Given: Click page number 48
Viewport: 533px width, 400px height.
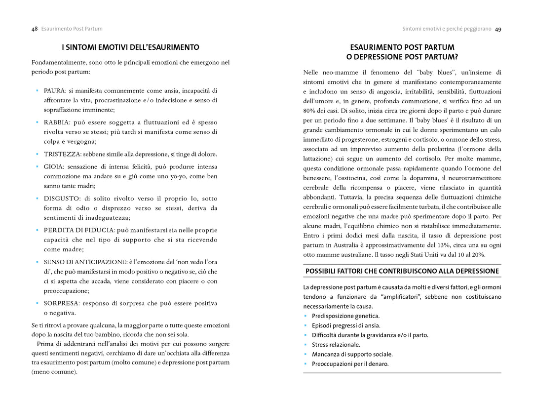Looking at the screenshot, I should (35, 29).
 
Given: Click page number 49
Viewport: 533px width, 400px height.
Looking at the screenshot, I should (498, 29).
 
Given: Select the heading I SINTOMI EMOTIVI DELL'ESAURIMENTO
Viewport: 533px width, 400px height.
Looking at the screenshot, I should (130, 47).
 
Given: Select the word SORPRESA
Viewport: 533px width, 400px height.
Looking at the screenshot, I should (61, 303).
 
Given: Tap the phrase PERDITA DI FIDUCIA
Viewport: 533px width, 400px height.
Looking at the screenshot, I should (79, 230).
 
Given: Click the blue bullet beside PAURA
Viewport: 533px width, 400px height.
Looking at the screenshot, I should (37, 90).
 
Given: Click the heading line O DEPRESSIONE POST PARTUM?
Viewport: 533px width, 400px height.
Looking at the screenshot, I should (402, 57).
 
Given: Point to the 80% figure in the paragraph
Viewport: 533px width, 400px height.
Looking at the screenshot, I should (309, 111).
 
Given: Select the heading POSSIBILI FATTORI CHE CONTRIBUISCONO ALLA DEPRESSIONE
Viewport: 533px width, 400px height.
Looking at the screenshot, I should (402, 271).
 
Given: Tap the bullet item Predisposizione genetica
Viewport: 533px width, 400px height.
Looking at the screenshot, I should (345, 316).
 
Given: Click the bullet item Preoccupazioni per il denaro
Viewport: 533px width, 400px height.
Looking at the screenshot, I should (350, 364).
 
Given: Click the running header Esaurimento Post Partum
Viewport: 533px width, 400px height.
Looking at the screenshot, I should (72, 29).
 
